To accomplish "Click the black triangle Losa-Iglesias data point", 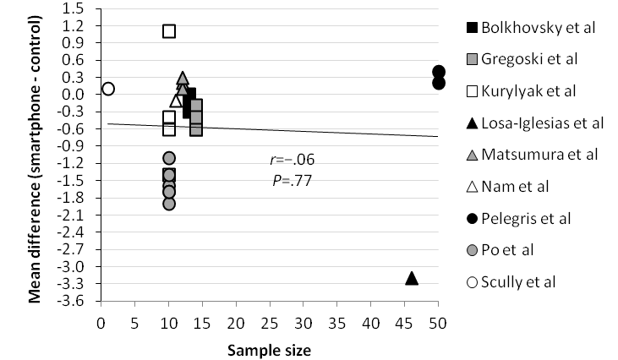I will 412,278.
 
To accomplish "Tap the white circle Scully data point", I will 107,89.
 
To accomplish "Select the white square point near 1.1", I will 169,31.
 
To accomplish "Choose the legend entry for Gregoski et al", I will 528,59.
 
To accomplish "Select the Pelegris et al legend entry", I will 522,218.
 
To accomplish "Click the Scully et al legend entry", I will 518,281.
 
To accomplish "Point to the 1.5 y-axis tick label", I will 83,8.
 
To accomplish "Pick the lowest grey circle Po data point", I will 169,203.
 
